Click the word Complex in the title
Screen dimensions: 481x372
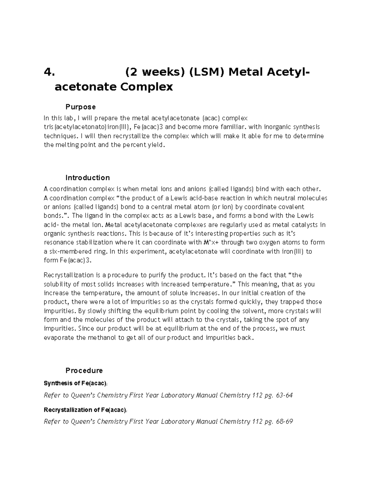[147, 87]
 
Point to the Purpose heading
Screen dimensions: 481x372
[80, 107]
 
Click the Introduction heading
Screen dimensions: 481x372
[87, 178]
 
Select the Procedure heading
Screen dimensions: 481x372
[84, 370]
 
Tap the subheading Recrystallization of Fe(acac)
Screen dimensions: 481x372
[85, 410]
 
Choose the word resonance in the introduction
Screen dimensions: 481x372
[59, 242]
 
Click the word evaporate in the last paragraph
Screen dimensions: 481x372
[59, 338]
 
